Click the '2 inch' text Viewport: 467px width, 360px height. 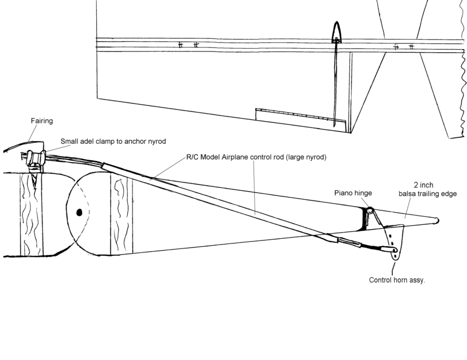(423, 185)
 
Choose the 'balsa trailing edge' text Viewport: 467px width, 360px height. (427, 194)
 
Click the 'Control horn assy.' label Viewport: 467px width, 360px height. (396, 280)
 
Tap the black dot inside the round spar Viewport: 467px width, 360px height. (79, 212)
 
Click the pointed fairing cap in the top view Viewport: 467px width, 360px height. (337, 32)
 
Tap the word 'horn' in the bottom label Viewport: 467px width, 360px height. (400, 280)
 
